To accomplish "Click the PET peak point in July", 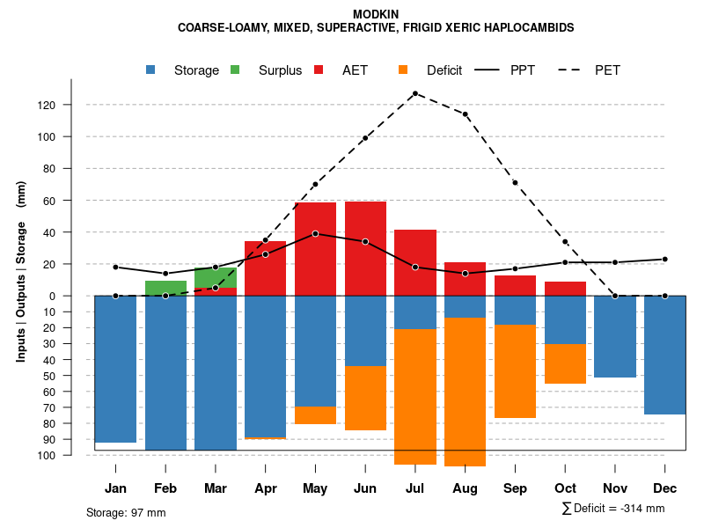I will [414, 93].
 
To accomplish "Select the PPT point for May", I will [315, 234].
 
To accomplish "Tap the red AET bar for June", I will [365, 248].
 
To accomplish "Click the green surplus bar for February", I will [165, 288].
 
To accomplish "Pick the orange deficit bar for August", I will [465, 392].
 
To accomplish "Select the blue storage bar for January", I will [115, 369].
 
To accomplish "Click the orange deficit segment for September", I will [515, 371].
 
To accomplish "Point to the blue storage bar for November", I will [615, 336].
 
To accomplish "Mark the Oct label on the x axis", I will [565, 488].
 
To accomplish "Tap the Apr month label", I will [265, 488].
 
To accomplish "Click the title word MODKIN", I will [376, 14].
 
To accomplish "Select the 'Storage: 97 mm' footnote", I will [126, 512].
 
